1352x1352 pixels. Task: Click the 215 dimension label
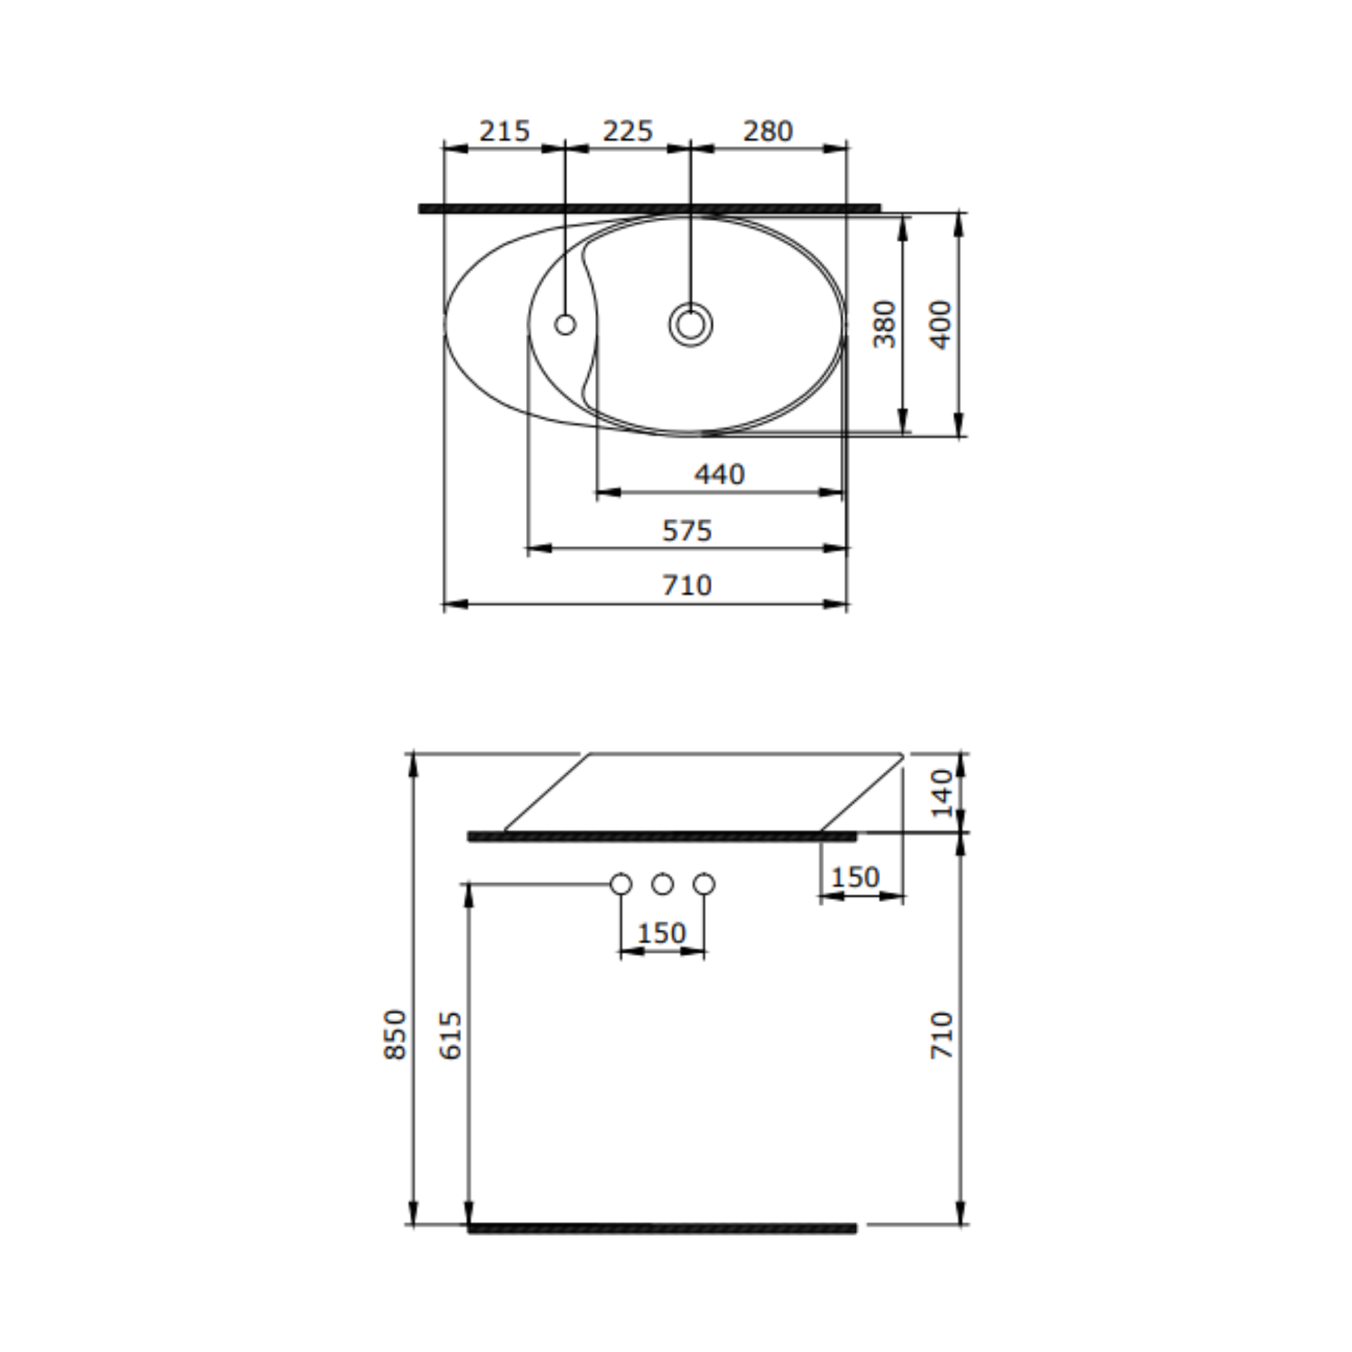[x=504, y=131]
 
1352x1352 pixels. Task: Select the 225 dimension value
[x=628, y=131]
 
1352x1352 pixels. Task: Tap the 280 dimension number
[x=768, y=131]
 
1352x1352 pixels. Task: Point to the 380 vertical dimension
[x=884, y=324]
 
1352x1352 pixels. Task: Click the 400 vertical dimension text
[x=941, y=324]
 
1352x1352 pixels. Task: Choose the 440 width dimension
[x=719, y=475]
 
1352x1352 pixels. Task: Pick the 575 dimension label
[x=687, y=531]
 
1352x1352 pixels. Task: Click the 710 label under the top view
[x=687, y=585]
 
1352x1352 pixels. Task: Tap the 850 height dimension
[x=395, y=1035]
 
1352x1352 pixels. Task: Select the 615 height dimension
[x=452, y=1036]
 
